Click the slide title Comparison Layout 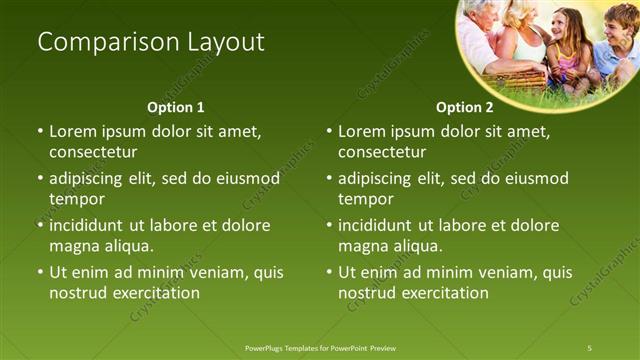coord(151,42)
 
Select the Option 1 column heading coord(176,107)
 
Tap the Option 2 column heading coord(465,107)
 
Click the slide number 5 coord(590,348)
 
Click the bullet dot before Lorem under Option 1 coord(40,131)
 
